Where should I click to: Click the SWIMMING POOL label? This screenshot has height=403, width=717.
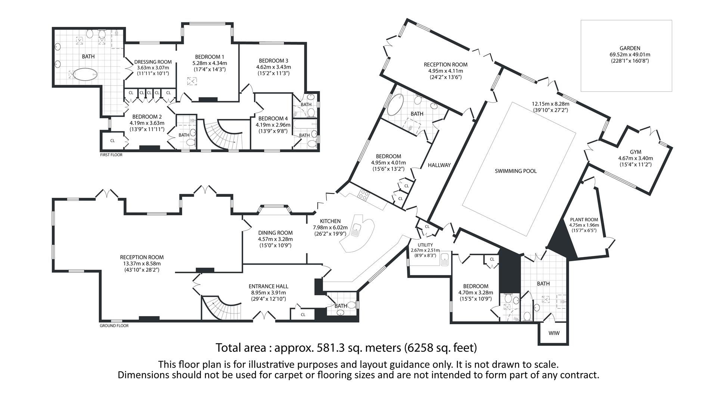[x=515, y=171]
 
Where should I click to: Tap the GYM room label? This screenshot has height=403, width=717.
[x=635, y=152]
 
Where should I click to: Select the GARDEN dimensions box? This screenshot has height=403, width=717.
[x=626, y=56]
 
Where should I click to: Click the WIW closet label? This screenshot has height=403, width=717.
[x=554, y=333]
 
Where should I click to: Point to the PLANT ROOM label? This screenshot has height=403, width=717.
[x=584, y=220]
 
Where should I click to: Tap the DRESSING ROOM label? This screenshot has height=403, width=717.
[x=153, y=62]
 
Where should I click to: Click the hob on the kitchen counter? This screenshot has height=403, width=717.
[x=363, y=194]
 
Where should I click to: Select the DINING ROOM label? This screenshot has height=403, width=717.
[x=275, y=233]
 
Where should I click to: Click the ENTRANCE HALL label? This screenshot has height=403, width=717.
[x=268, y=287]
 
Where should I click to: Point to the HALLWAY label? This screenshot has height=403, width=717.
[x=439, y=165]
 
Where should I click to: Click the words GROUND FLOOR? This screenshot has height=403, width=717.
[x=114, y=326]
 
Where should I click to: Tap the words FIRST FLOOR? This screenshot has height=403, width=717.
[x=111, y=155]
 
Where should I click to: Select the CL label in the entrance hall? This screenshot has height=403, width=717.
[x=303, y=315]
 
